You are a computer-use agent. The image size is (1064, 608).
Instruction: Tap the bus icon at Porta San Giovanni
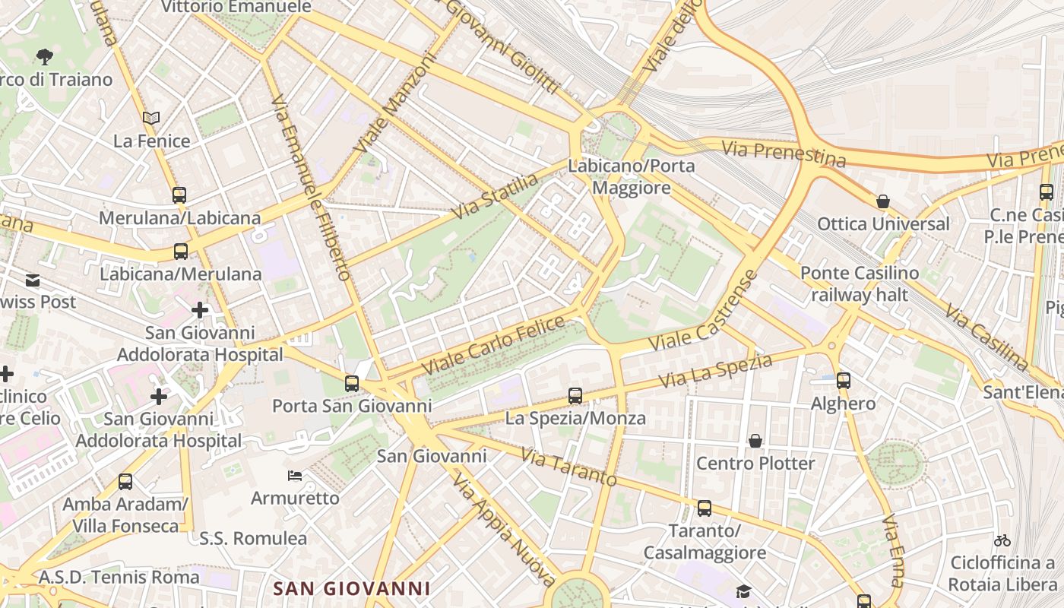[x=351, y=384]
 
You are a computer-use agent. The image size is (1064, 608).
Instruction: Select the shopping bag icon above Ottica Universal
[x=883, y=201]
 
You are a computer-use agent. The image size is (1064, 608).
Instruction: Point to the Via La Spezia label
[x=716, y=371]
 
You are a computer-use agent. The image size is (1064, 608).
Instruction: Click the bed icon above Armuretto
[x=295, y=477]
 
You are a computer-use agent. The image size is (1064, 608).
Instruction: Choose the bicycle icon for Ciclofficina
[x=1002, y=540]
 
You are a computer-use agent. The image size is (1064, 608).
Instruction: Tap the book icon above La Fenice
[x=151, y=118]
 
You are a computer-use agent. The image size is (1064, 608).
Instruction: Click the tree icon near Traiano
[x=45, y=55]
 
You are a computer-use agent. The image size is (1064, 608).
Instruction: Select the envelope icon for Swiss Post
[x=33, y=280]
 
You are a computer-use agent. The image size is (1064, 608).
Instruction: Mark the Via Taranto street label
[x=568, y=466]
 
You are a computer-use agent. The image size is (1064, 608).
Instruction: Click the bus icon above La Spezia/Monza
[x=575, y=396]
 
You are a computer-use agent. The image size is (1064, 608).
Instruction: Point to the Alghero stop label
[x=843, y=404]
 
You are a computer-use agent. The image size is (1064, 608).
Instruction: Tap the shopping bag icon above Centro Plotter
[x=755, y=441]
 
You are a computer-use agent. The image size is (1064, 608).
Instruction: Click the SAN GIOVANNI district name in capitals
[x=352, y=588]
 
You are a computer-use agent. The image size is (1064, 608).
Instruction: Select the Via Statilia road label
[x=494, y=196]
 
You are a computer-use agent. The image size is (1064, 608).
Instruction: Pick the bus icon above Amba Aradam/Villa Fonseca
[x=125, y=482]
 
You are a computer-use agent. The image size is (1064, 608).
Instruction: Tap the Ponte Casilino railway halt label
[x=860, y=283]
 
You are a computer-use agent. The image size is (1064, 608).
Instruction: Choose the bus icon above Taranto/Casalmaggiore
[x=705, y=508]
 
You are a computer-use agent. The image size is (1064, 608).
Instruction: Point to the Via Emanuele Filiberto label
[x=312, y=187]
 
